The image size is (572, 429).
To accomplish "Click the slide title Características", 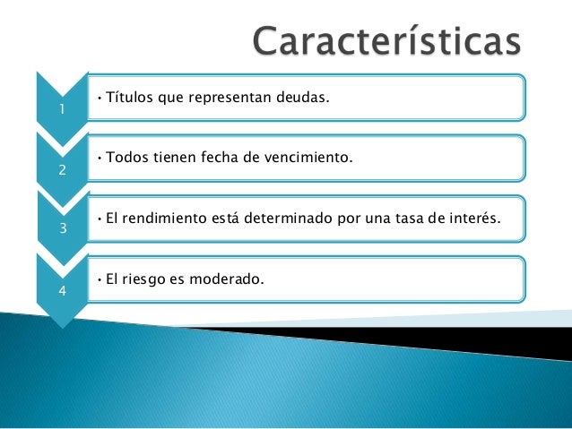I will pyautogui.click(x=386, y=42).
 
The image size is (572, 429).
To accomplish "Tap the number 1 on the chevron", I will pyautogui.click(x=62, y=109).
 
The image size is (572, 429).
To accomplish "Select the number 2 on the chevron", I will pyautogui.click(x=62, y=171).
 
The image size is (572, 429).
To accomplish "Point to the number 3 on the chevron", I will pyautogui.click(x=62, y=228).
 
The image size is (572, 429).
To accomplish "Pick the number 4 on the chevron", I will pyautogui.click(x=62, y=289).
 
